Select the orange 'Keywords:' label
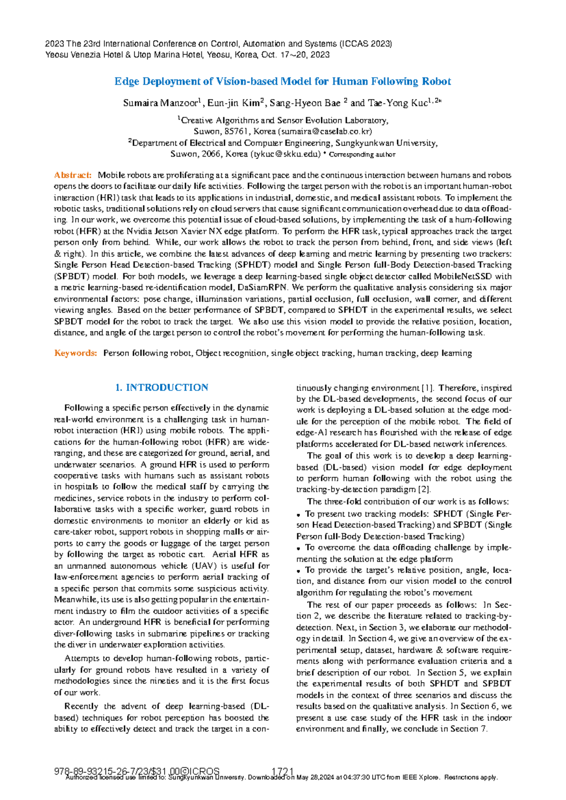[75, 353]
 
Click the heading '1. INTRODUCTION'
[162, 388]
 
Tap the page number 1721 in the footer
[283, 771]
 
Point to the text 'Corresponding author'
[362, 155]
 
